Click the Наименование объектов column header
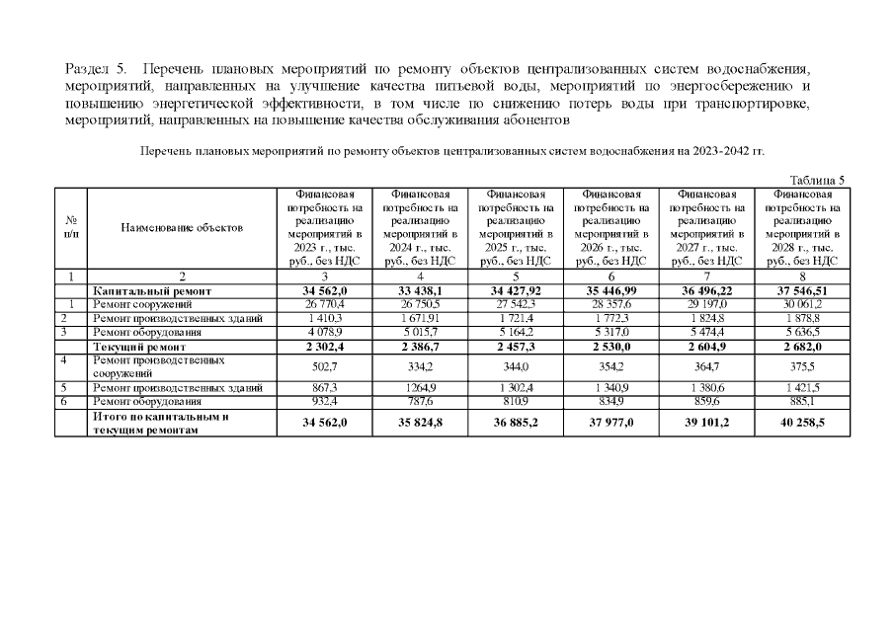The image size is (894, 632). tap(182, 227)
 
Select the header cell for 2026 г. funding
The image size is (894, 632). tap(609, 227)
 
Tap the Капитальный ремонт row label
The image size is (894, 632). tap(145, 292)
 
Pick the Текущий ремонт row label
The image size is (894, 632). tap(139, 348)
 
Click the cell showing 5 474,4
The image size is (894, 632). tap(704, 334)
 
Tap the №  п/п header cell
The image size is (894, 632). tap(71, 227)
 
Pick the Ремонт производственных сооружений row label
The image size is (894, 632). tap(158, 367)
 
